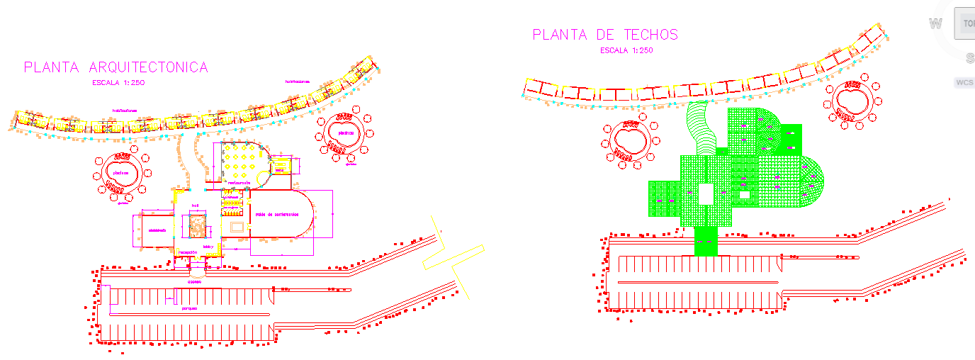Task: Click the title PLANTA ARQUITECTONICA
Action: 116,67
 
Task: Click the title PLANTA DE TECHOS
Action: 605,35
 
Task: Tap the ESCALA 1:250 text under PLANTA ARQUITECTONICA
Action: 118,83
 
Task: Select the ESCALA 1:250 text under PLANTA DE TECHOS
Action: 626,50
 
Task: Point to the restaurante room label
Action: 239,183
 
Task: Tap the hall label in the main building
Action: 196,206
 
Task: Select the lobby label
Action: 208,247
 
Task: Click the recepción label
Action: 188,252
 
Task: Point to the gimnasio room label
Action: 157,230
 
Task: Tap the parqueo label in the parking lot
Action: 188,309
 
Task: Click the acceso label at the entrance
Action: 194,281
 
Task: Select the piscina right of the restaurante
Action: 345,133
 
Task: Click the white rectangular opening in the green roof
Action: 706,194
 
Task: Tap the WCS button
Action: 964,82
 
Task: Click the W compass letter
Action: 935,23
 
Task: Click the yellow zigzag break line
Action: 453,262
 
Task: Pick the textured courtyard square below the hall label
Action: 196,225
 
